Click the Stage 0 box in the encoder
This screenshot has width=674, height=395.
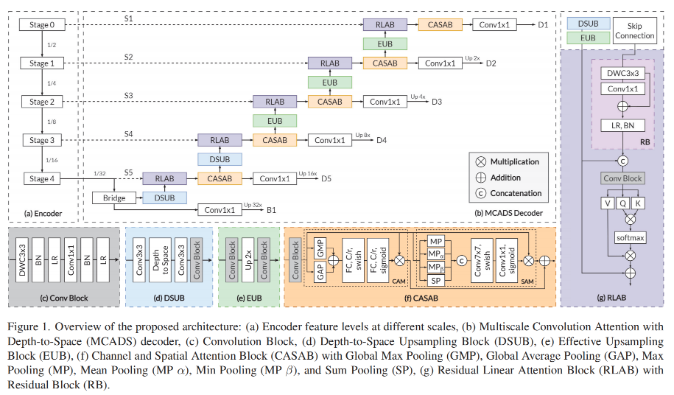[42, 25]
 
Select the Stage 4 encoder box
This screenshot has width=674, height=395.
[42, 179]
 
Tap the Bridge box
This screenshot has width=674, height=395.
[114, 198]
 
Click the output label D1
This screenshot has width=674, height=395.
[543, 25]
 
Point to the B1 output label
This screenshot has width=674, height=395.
[271, 210]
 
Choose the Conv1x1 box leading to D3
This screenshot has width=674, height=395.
[385, 102]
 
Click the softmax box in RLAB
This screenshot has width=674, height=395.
[630, 238]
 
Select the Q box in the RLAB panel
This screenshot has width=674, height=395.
[623, 203]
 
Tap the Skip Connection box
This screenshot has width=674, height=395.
[634, 31]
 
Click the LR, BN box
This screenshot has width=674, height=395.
[623, 125]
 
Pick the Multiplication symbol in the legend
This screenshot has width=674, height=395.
[480, 161]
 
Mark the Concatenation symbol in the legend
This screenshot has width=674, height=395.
[480, 193]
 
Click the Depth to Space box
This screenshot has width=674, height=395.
[161, 260]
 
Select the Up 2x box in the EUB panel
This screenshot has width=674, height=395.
[248, 260]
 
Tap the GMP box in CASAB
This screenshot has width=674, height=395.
[320, 248]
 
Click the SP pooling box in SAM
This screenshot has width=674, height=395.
[436, 281]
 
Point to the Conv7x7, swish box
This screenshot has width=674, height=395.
[482, 260]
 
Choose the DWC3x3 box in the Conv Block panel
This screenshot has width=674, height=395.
[22, 260]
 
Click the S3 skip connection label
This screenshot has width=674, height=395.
[128, 95]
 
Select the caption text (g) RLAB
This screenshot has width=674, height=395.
[611, 298]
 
